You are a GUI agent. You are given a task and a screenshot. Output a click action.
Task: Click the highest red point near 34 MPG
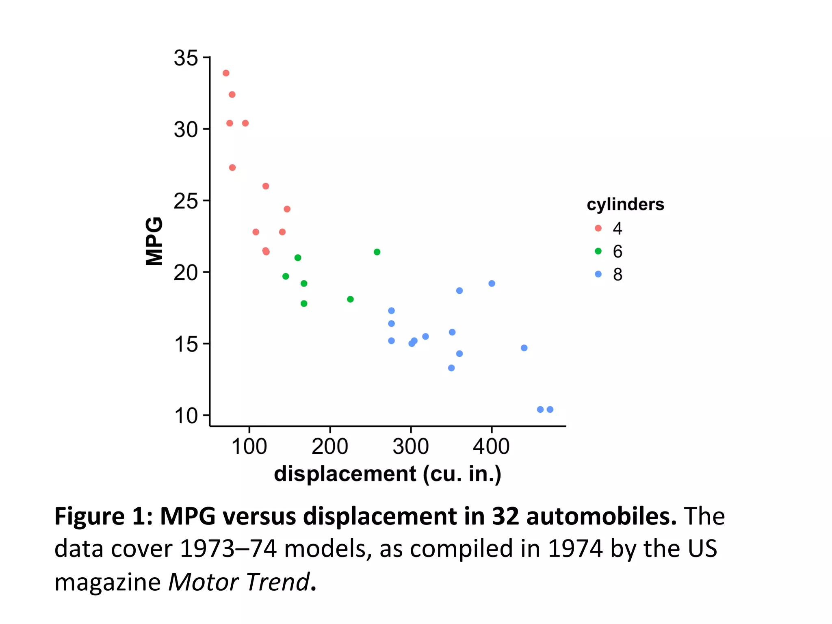(x=226, y=73)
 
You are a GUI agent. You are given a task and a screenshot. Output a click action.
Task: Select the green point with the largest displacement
(x=377, y=252)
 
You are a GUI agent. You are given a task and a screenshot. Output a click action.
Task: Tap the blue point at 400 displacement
(x=492, y=284)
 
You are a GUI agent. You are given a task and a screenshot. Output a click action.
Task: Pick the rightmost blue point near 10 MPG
(x=550, y=409)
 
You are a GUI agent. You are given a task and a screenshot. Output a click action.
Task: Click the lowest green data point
(x=304, y=303)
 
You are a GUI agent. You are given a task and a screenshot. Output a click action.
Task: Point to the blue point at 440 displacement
(x=524, y=348)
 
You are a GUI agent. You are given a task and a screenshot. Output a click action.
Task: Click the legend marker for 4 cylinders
(x=598, y=228)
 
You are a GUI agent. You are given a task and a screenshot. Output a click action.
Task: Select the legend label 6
(x=617, y=251)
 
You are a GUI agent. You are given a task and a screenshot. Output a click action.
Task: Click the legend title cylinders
(x=625, y=204)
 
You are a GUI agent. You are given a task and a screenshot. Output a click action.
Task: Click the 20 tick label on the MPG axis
(x=186, y=273)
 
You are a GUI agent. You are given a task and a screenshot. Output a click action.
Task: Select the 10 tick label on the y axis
(x=186, y=416)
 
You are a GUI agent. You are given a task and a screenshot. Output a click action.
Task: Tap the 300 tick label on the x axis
(x=411, y=446)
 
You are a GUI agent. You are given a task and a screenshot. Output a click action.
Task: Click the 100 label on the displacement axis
(x=249, y=446)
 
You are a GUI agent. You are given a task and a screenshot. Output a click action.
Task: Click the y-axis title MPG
(x=154, y=241)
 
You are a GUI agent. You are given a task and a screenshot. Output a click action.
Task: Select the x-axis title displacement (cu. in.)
(x=388, y=474)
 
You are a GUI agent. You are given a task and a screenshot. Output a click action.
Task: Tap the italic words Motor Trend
(x=239, y=582)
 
